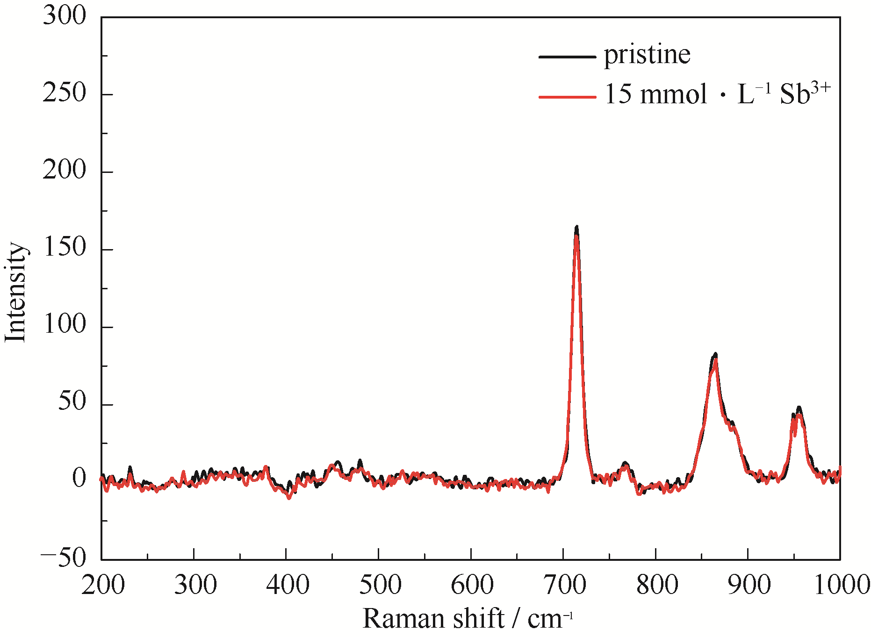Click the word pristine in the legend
pos(647,56)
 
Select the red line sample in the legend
pos(567,97)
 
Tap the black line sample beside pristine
pos(567,57)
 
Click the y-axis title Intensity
pos(15,293)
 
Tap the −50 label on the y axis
pos(64,557)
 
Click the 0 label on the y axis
pos(79,479)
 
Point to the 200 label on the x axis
pos(103,585)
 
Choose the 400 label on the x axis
pos(288,585)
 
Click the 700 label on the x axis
pos(565,585)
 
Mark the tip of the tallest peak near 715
pos(576,228)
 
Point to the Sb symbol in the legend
pos(795,94)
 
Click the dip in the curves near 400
pos(288,497)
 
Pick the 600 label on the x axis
pos(472,585)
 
